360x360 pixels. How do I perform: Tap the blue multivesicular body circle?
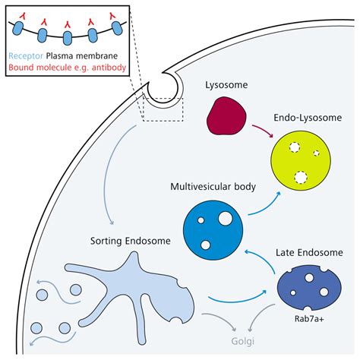click(213, 229)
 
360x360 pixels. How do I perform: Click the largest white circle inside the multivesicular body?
click(224, 219)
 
